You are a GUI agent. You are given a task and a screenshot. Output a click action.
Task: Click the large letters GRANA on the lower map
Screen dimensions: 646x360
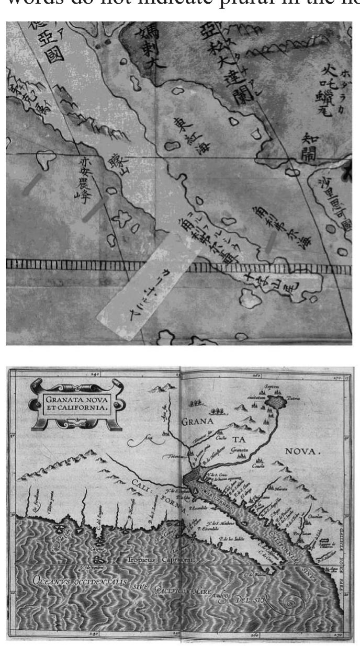(198, 422)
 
